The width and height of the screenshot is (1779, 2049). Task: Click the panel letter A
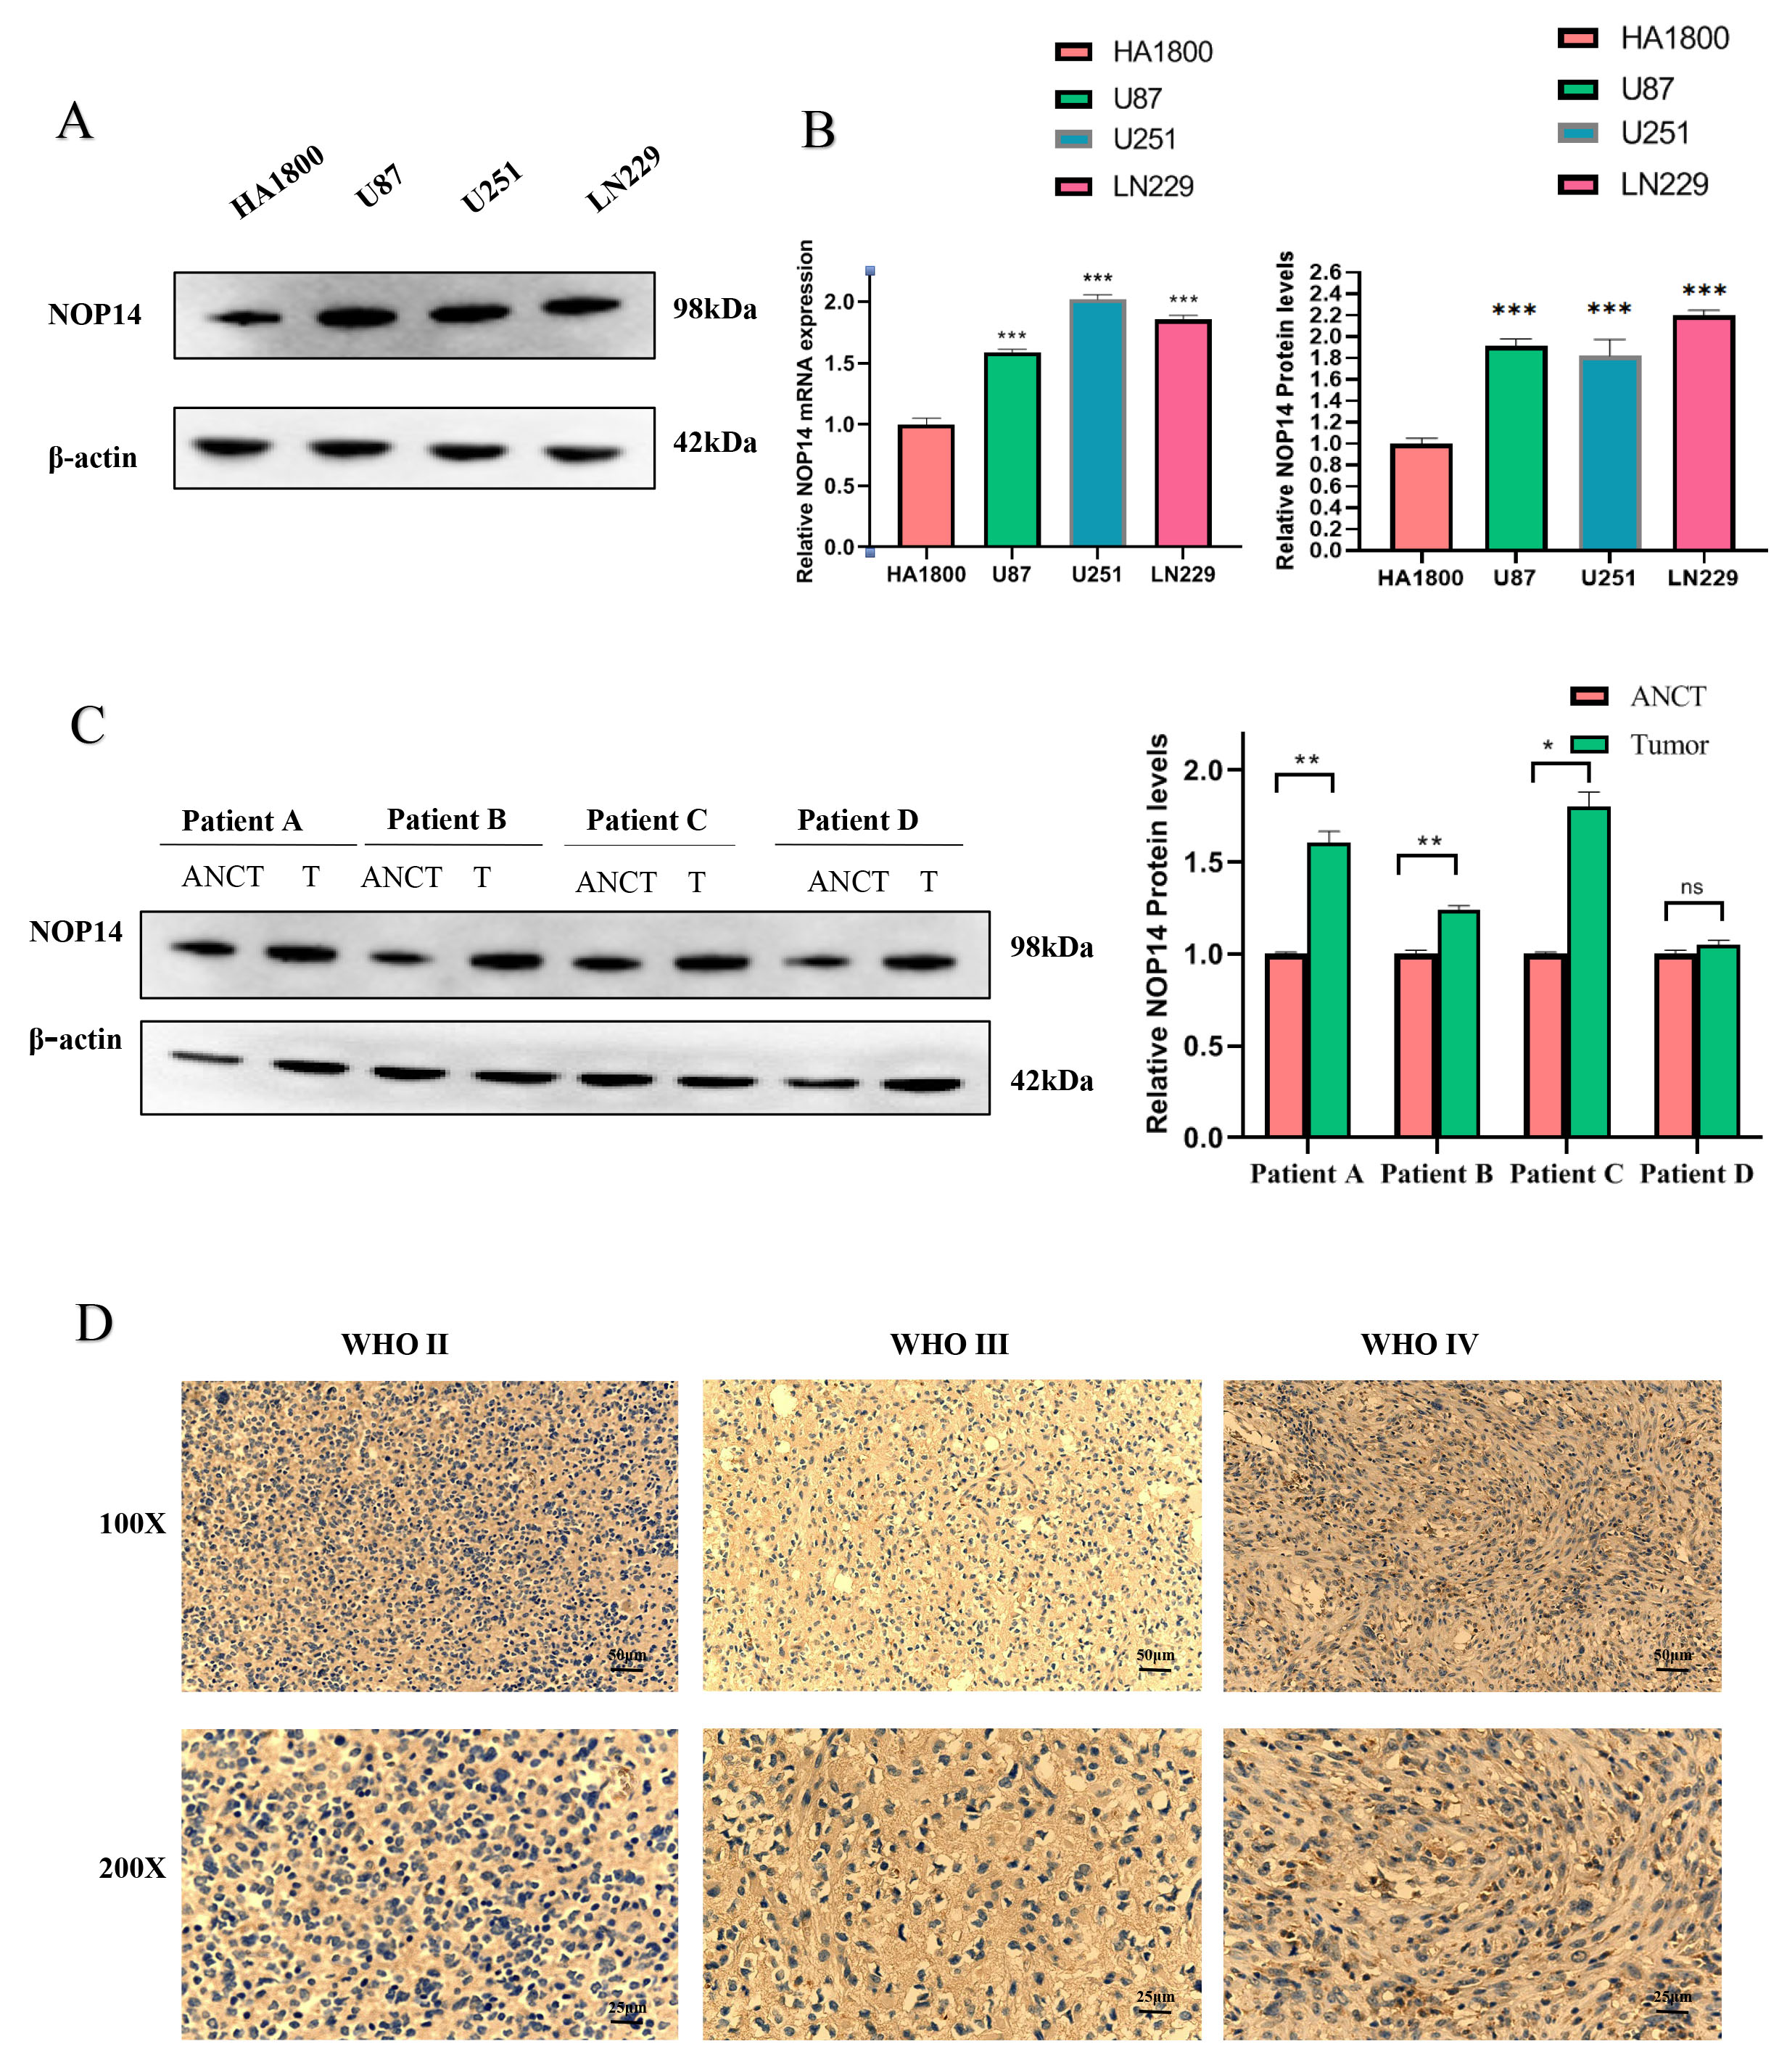click(75, 122)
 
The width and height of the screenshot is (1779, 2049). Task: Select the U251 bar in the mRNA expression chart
click(1097, 422)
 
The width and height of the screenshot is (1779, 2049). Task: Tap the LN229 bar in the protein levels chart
click(1703, 432)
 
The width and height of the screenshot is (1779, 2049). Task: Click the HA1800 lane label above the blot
click(277, 181)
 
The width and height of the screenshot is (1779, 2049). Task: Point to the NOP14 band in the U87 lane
click(358, 318)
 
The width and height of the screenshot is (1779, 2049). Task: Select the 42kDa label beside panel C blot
click(1052, 1080)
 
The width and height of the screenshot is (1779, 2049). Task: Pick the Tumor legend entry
click(1668, 745)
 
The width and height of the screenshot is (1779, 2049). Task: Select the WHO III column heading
click(949, 1344)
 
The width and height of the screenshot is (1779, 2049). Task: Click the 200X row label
click(132, 1868)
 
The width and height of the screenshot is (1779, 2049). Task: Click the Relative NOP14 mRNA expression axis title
click(805, 410)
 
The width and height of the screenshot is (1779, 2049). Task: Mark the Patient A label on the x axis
click(1306, 1174)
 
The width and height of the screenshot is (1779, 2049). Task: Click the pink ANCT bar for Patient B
click(1416, 1044)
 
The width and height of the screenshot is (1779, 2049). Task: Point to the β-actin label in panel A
click(92, 457)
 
